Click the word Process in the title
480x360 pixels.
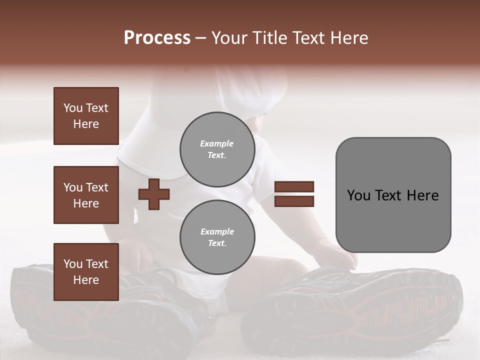(x=157, y=38)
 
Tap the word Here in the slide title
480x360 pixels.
(x=348, y=38)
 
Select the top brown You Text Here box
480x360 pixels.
(x=86, y=116)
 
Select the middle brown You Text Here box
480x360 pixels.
(x=86, y=195)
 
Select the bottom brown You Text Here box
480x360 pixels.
(x=86, y=271)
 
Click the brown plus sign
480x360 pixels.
(x=154, y=194)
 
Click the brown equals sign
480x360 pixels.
(x=294, y=194)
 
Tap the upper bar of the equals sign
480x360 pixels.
(x=294, y=187)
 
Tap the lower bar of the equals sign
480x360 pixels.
(x=294, y=201)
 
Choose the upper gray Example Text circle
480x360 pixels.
(x=217, y=149)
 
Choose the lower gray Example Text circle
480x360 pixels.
(x=217, y=237)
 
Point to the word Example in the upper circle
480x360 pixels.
(x=217, y=143)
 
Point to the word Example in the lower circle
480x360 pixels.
(x=217, y=231)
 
